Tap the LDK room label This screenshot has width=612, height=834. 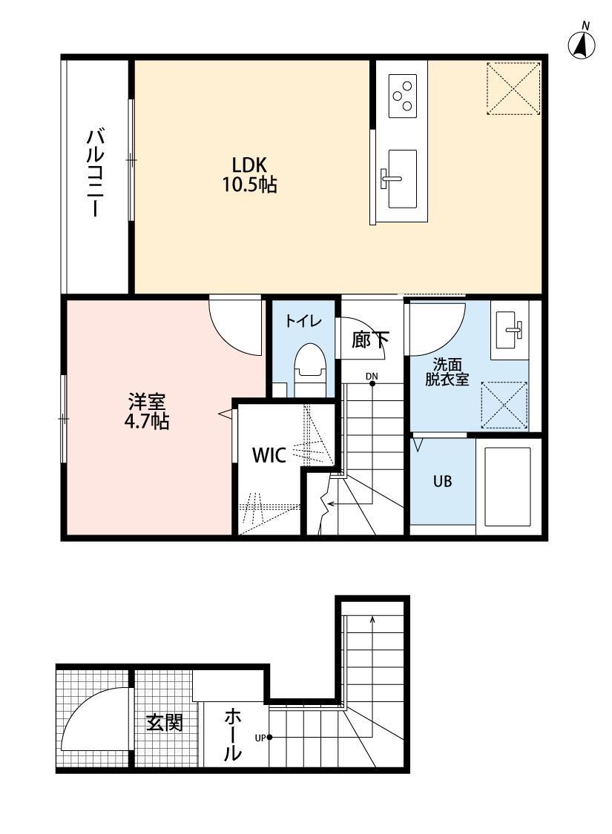coord(249,165)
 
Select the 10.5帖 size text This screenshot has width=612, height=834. coord(249,185)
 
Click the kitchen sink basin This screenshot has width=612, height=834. coord(401,179)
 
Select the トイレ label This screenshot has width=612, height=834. coord(303,322)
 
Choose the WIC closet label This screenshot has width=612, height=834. coord(269,455)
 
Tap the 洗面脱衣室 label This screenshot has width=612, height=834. coord(446,372)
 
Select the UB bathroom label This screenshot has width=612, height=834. coord(442,481)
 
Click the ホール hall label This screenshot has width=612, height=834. coord(233,735)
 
